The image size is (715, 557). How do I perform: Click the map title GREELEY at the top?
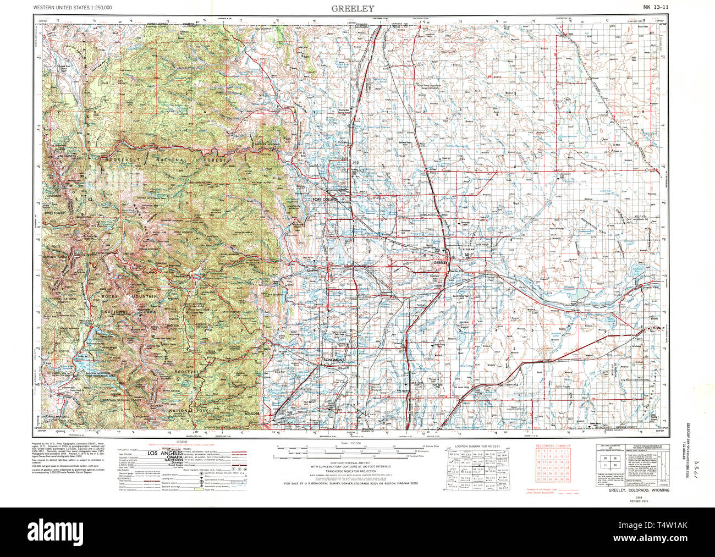click(353, 8)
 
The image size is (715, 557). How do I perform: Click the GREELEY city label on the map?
click(442, 263)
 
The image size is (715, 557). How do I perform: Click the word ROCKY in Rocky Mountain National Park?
click(109, 296)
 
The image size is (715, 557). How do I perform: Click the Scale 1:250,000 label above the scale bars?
click(350, 442)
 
